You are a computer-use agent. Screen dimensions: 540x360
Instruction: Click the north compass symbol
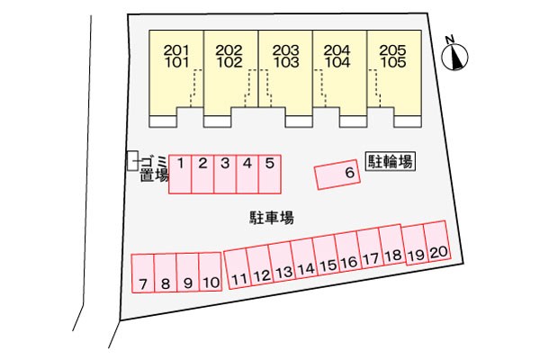pos(454,56)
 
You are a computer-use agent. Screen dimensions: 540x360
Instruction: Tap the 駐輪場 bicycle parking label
pos(391,161)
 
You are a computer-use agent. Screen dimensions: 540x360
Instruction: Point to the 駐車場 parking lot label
pos(272,218)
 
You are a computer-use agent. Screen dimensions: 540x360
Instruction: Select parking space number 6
pos(337,175)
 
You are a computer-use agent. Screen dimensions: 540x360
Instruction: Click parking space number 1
pos(180,175)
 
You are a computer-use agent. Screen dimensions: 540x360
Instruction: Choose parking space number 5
pos(270,175)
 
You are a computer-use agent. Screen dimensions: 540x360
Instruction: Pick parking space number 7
pos(143,274)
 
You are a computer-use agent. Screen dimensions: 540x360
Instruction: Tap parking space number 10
pos(210,272)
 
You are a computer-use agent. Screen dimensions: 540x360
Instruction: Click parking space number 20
pos(437,241)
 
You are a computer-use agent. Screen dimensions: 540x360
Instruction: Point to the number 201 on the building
pos(176,50)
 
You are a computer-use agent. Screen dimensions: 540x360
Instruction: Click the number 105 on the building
pos(393,62)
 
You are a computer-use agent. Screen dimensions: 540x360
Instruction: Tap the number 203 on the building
pos(286,50)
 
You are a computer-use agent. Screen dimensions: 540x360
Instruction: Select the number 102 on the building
pos(229,62)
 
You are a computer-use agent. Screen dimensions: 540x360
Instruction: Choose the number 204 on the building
pos(337,50)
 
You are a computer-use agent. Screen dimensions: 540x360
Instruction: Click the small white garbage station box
pos(132,160)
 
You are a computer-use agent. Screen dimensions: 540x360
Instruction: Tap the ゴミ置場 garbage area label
pos(154,168)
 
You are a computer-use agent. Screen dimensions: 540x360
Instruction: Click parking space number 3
pos(225,175)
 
